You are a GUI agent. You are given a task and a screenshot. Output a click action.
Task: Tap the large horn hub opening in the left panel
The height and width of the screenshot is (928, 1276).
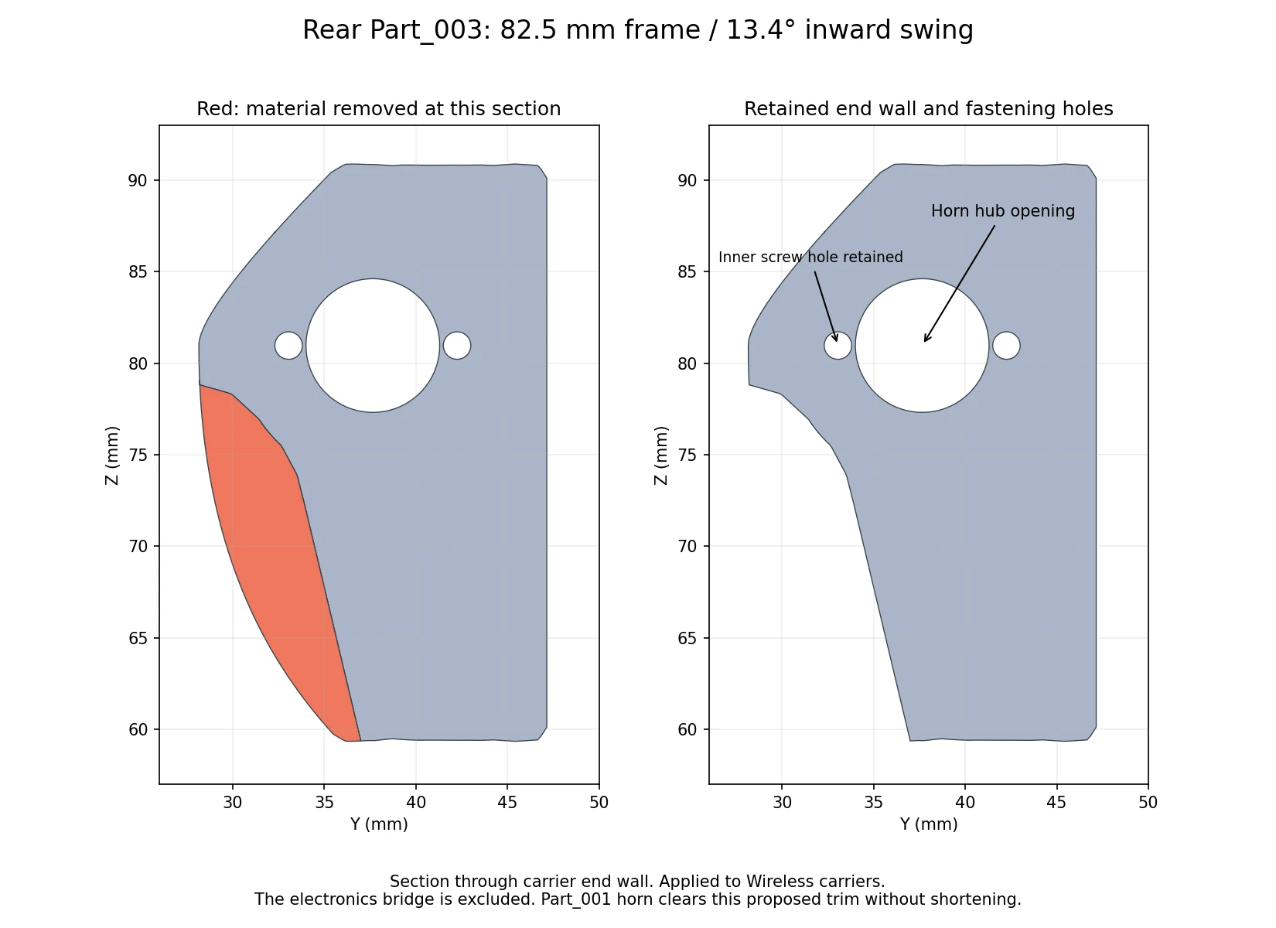(373, 345)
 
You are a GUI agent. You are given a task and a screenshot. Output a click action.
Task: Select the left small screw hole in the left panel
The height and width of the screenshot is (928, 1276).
(288, 345)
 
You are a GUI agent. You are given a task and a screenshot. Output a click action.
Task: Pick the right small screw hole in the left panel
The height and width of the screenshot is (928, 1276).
(457, 345)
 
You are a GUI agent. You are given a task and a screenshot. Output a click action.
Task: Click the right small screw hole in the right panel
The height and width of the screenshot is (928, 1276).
(1007, 345)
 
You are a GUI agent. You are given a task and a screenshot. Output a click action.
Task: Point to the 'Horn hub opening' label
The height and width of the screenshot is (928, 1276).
(1003, 211)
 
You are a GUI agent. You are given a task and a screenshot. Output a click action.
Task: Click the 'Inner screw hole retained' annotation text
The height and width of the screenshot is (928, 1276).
(810, 257)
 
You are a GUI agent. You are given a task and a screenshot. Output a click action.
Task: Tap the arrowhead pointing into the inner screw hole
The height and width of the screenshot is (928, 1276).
(835, 337)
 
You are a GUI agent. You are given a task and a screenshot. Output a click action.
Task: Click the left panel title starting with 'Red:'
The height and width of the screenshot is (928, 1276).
(379, 108)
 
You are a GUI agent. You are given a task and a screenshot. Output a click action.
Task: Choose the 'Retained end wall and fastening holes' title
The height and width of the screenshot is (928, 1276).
(929, 108)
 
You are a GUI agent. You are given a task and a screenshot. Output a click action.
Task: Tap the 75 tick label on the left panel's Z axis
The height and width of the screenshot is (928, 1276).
(138, 455)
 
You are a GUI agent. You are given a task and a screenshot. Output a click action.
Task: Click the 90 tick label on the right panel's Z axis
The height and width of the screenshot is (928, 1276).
(687, 181)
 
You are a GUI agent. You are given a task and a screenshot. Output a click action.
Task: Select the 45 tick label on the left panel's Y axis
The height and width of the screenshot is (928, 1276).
(507, 802)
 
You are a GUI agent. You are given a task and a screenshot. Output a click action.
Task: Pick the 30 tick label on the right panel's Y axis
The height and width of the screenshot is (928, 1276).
(782, 802)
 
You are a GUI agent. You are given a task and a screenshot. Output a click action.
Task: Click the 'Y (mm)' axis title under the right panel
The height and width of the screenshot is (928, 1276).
(929, 824)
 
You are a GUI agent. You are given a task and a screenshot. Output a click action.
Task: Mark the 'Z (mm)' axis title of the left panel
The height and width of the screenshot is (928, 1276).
(112, 455)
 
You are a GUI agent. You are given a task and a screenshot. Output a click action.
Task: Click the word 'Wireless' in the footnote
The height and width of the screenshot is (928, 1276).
(779, 882)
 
